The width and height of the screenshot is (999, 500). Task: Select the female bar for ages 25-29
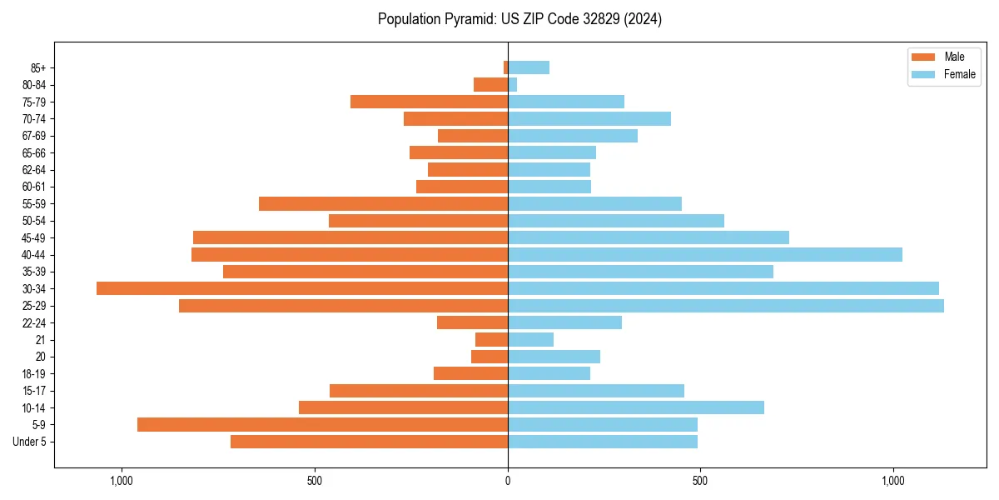pyautogui.click(x=725, y=306)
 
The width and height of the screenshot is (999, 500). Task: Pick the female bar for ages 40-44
pyautogui.click(x=704, y=254)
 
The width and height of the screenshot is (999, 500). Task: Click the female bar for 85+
pyautogui.click(x=528, y=67)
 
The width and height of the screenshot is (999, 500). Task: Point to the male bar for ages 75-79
pyautogui.click(x=429, y=102)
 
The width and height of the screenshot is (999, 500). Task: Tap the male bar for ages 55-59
pyautogui.click(x=383, y=203)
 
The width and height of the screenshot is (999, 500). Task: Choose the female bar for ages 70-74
pyautogui.click(x=589, y=118)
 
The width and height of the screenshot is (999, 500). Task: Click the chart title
pyautogui.click(x=519, y=19)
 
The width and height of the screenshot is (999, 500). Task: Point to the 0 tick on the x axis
pyautogui.click(x=508, y=481)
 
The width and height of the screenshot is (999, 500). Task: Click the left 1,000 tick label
pyautogui.click(x=122, y=481)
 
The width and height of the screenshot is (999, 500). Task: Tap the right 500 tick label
pyautogui.click(x=700, y=481)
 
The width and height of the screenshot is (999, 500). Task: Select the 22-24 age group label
pyautogui.click(x=34, y=323)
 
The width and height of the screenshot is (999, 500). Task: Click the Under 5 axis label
pyautogui.click(x=30, y=442)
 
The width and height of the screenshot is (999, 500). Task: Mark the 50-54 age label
pyautogui.click(x=34, y=221)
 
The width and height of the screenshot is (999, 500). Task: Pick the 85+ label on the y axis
pyautogui.click(x=38, y=67)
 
